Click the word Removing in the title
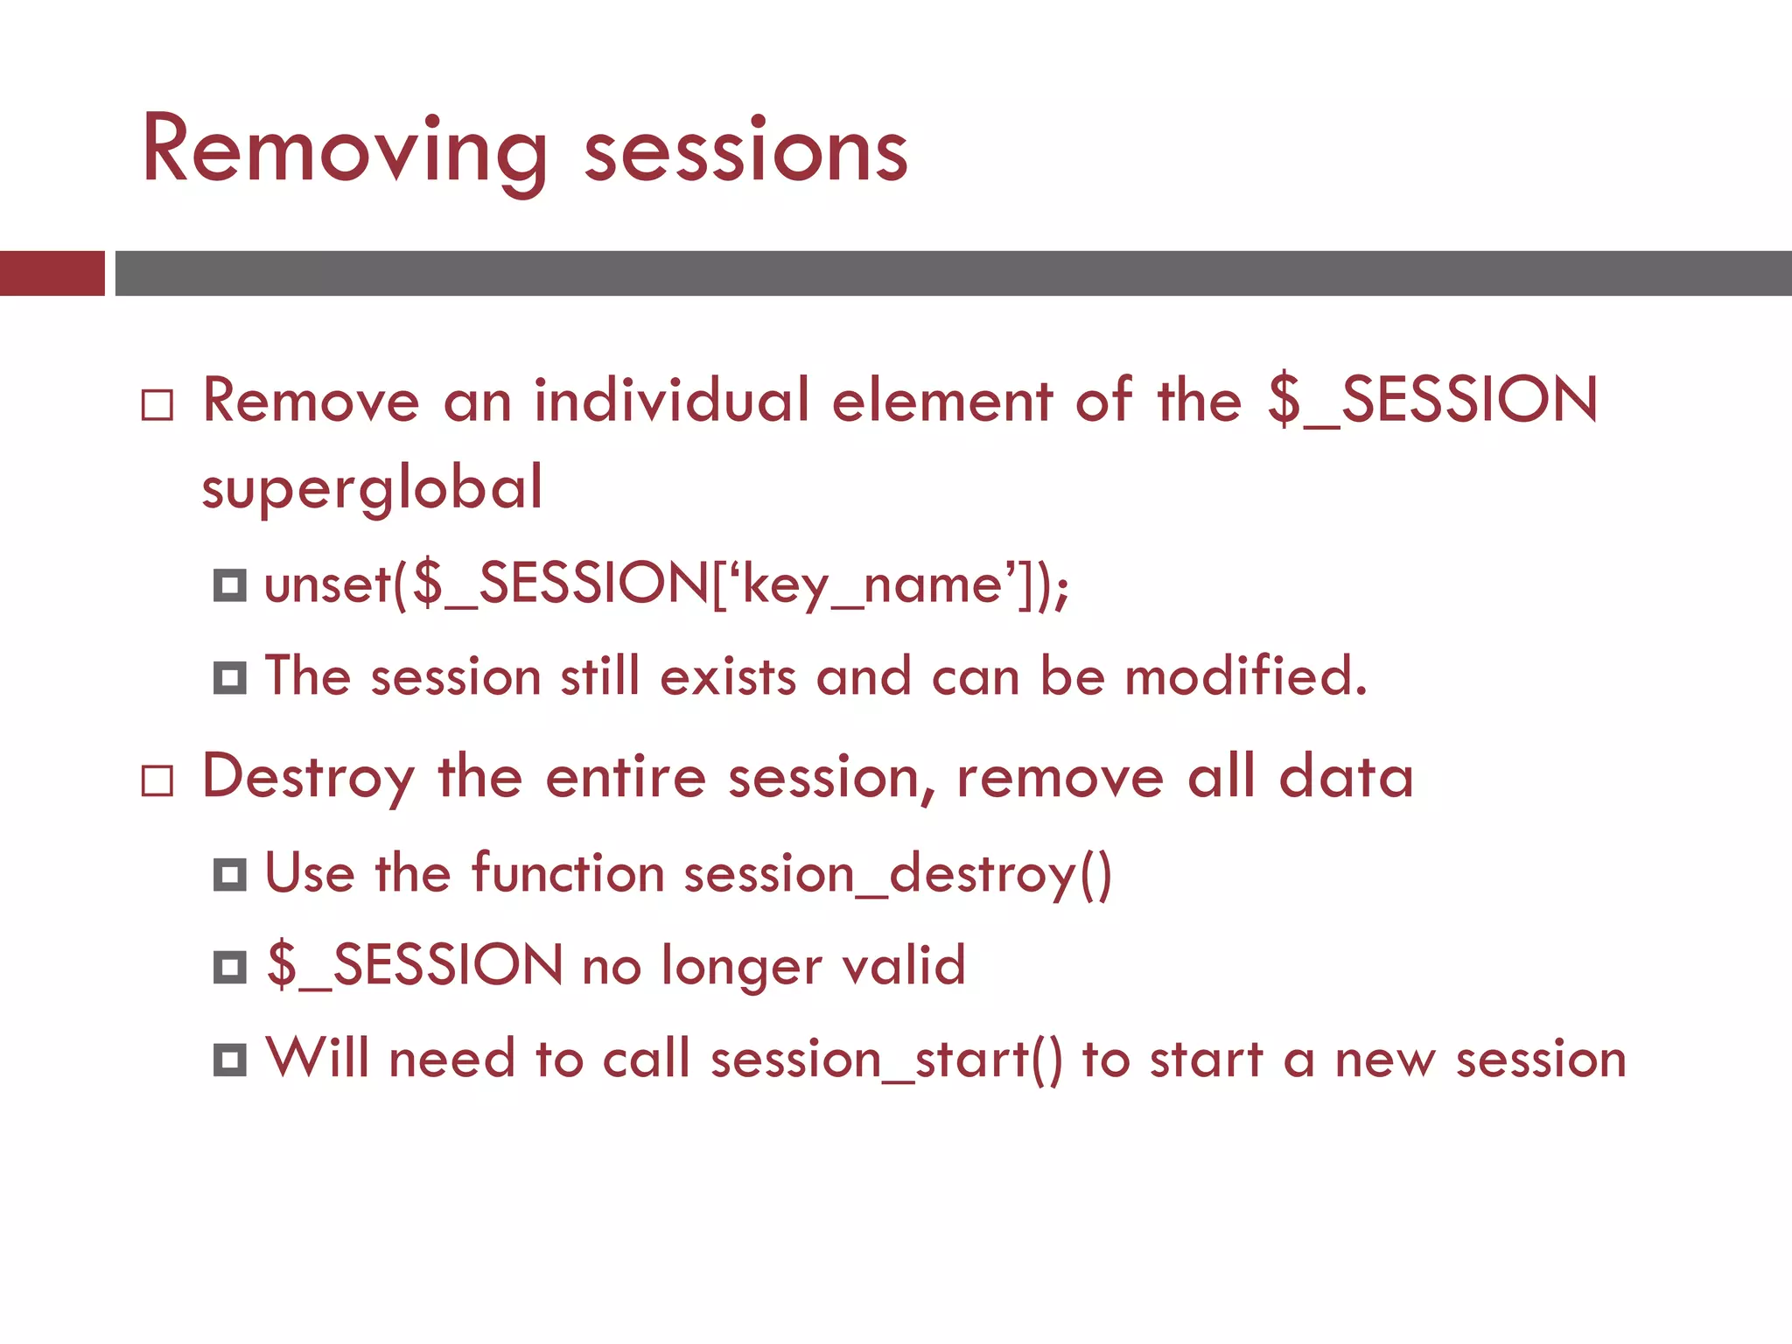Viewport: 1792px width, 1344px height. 343,150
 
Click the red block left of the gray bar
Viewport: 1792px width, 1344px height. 52,273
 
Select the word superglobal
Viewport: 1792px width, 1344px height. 373,488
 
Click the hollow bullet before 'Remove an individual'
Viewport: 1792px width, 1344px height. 157,405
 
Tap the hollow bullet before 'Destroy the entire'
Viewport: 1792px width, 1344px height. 157,780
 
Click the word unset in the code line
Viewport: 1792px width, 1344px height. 327,584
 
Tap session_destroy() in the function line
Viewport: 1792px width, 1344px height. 898,874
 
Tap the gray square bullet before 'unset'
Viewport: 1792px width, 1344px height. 230,585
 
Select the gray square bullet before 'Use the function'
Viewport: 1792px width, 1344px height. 230,874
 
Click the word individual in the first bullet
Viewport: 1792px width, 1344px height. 672,401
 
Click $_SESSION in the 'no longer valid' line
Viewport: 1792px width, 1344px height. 416,966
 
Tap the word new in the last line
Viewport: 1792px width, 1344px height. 1385,1060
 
